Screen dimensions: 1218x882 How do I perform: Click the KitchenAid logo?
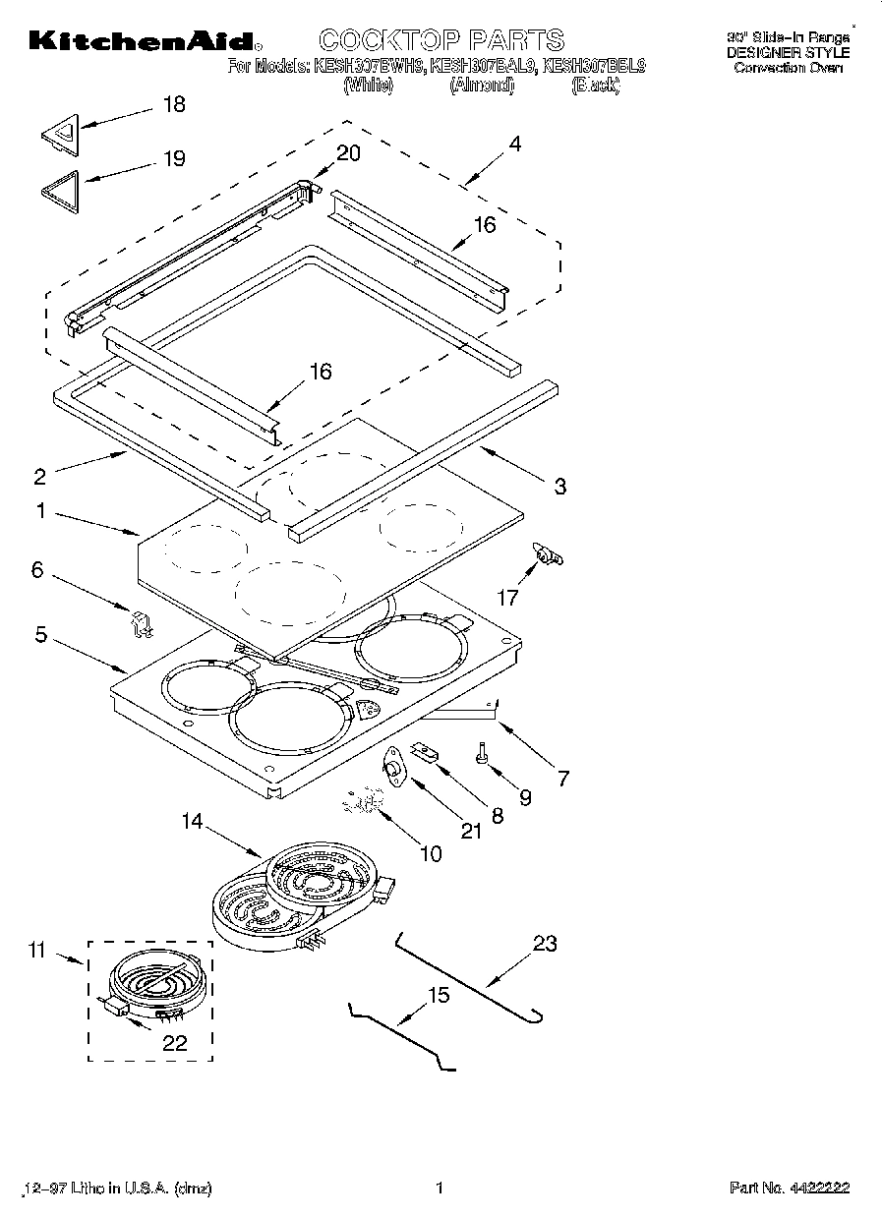point(145,40)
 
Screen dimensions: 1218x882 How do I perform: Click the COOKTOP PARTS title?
point(441,39)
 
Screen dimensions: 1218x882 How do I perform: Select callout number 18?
point(173,104)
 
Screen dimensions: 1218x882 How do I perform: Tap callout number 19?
point(173,158)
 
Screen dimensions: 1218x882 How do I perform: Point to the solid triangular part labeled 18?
point(62,134)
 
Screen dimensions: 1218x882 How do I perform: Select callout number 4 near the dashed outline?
point(514,144)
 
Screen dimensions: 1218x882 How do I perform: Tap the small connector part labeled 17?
point(546,556)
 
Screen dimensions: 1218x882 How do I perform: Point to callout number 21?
point(472,831)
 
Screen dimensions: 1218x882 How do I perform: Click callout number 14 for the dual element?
point(192,821)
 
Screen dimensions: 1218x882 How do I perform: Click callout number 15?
point(439,995)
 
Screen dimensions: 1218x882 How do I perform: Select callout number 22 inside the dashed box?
point(174,1043)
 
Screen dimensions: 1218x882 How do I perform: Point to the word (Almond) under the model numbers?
point(482,86)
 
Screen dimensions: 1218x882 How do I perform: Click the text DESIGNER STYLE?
point(788,53)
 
